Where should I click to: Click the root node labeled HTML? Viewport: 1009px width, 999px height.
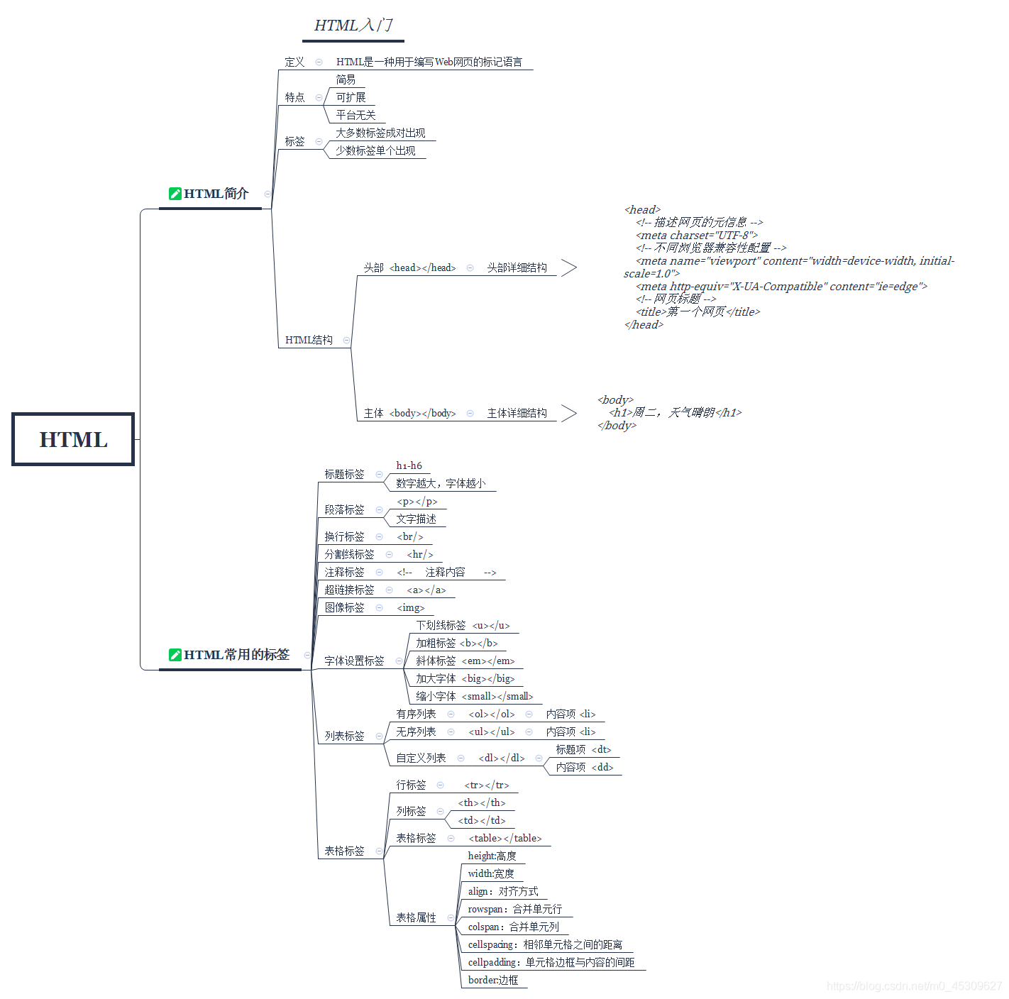point(73,440)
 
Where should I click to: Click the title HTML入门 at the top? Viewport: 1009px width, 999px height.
point(353,26)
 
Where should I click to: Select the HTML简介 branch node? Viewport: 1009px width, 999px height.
point(216,194)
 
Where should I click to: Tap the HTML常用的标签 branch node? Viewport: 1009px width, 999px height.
point(236,655)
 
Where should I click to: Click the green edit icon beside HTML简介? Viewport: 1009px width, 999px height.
point(175,194)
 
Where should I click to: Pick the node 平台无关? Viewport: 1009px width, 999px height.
point(355,115)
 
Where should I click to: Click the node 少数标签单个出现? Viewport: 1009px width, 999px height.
point(375,150)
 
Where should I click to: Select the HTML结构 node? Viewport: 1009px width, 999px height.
point(309,340)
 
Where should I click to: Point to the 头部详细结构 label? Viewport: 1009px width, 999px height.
point(517,267)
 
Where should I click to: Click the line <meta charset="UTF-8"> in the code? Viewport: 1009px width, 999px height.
point(697,236)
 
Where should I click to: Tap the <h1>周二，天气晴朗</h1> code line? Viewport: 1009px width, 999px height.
point(675,413)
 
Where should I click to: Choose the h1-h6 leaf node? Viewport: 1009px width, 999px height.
point(409,465)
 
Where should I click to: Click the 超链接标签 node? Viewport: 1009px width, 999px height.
point(349,590)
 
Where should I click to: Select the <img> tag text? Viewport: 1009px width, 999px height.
point(411,607)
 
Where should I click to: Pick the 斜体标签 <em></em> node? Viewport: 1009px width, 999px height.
point(465,661)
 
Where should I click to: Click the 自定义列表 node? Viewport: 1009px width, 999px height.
point(421,758)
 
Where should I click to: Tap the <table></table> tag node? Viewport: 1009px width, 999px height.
point(504,838)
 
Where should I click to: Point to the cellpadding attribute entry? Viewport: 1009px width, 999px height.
point(551,962)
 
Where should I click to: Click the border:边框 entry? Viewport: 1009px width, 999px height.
point(493,980)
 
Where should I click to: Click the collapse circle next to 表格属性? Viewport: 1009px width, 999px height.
point(451,918)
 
